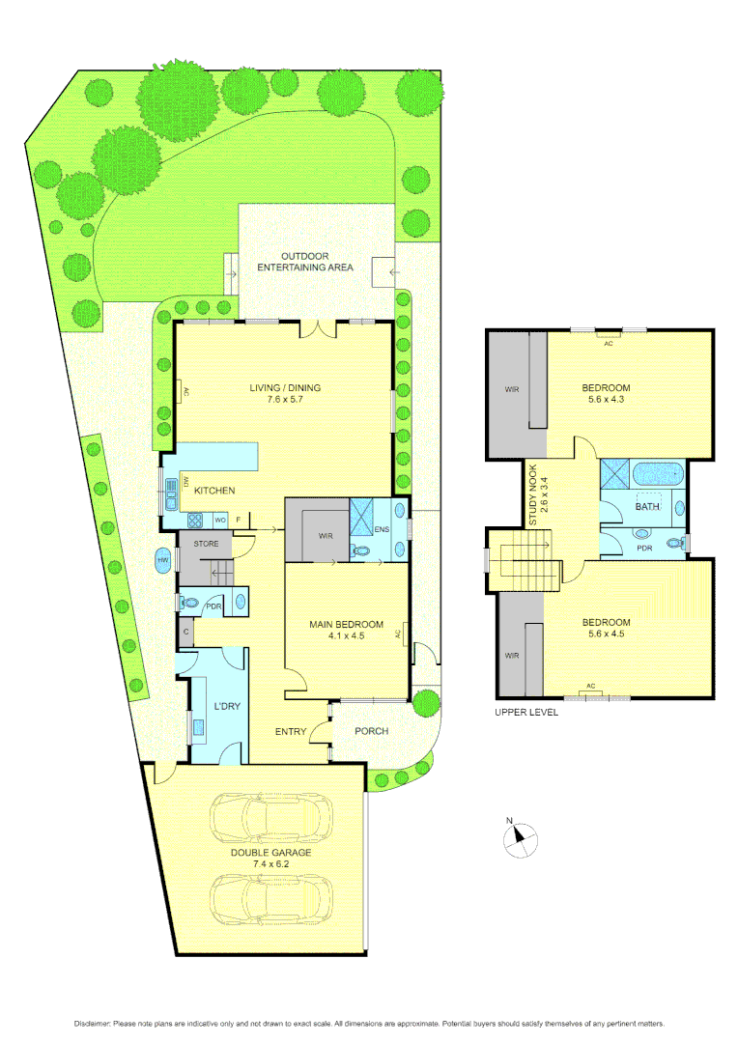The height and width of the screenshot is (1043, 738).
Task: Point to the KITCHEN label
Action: tap(214, 491)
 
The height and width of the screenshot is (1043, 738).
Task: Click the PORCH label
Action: tap(371, 731)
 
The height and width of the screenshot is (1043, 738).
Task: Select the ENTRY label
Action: tap(291, 731)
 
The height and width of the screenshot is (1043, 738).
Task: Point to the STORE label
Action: tap(207, 545)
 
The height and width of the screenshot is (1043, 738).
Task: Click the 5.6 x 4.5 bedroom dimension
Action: tap(606, 635)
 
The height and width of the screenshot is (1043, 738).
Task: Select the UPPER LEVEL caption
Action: tap(526, 712)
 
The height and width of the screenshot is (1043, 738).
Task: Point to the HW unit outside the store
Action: tap(163, 558)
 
